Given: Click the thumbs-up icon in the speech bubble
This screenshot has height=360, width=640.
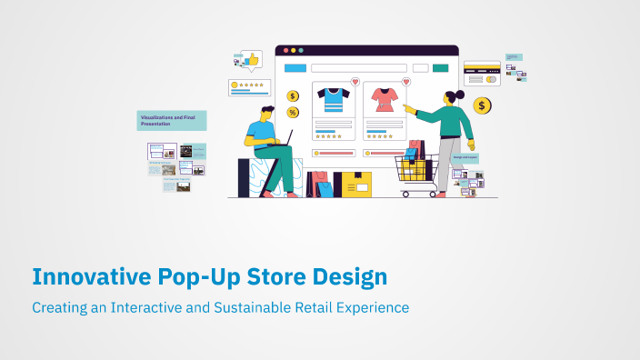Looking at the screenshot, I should pos(252,60).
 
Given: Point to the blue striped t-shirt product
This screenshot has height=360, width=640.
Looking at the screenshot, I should pos(333,98).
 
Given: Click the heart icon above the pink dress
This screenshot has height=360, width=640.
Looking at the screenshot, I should pos(405,82).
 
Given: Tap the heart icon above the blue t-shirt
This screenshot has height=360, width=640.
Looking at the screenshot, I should pos(355,82).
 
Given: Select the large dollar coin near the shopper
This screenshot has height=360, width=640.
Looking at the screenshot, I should pos(482,106).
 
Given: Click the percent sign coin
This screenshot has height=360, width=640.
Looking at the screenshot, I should pos(293,113).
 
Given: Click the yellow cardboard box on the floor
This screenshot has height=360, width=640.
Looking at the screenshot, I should pos(354,185).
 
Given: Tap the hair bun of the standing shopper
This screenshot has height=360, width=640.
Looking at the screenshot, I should pos(460,94).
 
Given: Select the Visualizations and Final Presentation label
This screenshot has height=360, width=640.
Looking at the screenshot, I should pos(172,120).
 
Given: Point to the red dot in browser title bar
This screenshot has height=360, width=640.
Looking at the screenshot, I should pos(284,50).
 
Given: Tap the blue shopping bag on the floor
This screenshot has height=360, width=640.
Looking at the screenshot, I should pos(325,188).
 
